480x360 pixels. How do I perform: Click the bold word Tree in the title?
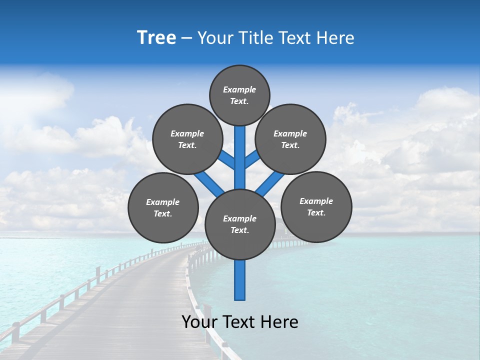pos(156,38)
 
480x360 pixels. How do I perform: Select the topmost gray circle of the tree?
pos(239,95)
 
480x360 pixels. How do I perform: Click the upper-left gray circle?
pos(187,139)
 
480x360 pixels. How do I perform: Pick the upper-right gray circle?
pos(290,139)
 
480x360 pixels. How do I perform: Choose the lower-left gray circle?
pos(163,207)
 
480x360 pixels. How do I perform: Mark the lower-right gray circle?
pos(316,206)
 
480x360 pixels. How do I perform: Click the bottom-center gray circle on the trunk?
pos(240,224)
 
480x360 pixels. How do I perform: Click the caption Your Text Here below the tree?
pos(239,322)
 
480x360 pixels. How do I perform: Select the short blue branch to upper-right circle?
pos(252,159)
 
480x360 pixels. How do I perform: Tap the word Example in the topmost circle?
pos(239,89)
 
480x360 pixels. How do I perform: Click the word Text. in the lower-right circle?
pos(316,212)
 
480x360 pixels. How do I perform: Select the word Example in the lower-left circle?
pos(162,202)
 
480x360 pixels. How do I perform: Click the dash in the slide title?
pos(186,38)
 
